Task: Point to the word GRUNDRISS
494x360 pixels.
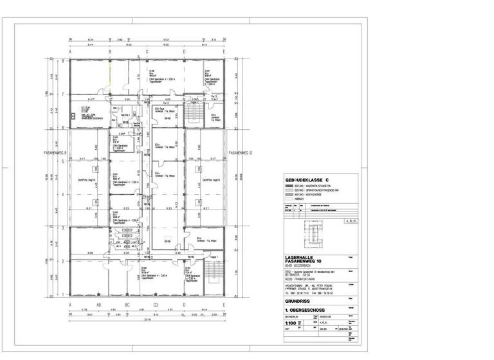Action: (298, 300)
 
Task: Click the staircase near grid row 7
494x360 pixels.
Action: (192, 114)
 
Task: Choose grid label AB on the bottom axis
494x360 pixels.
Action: (98, 305)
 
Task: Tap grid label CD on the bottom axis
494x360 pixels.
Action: (155, 305)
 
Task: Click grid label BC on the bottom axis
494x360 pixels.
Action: (127, 305)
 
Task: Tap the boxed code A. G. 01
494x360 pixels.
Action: (351, 221)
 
